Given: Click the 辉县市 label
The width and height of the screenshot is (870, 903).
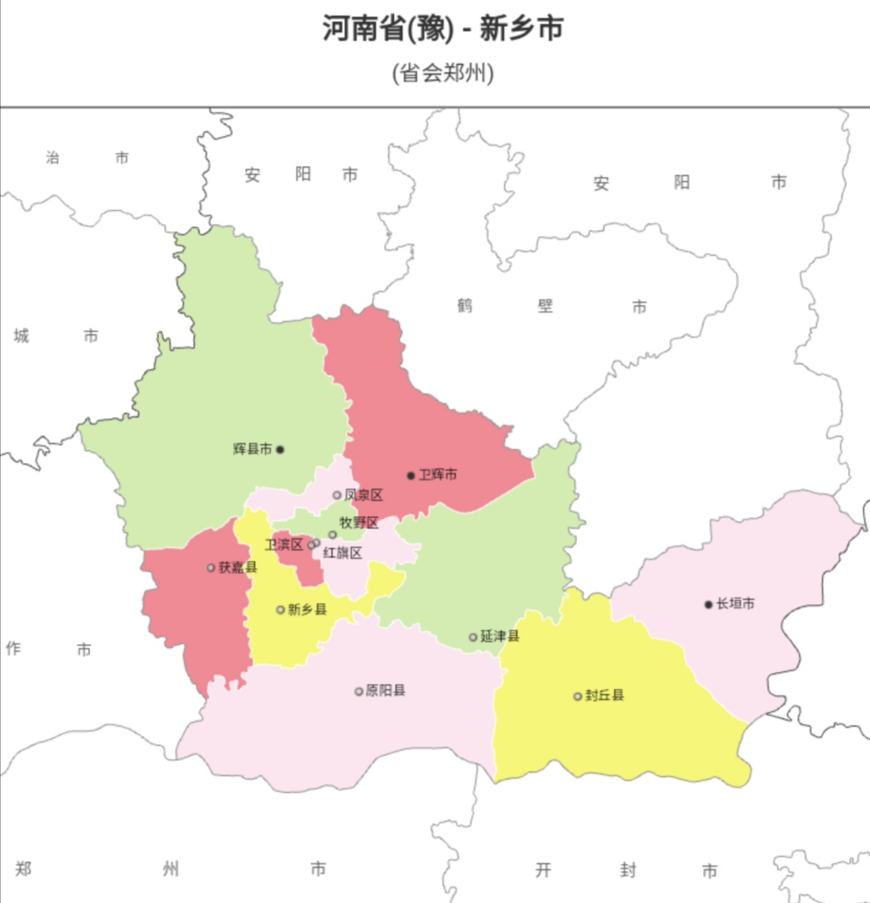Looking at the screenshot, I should coord(252,449).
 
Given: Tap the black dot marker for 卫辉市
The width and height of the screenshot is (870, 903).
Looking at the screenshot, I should coord(411,476).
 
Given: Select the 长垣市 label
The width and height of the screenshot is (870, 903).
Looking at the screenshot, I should coord(735,604).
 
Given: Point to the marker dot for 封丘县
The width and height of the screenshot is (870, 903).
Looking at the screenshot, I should coord(578,696).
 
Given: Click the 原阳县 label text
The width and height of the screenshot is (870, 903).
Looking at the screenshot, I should coord(385,691).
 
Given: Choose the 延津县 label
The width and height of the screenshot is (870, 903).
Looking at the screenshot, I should coord(499,637).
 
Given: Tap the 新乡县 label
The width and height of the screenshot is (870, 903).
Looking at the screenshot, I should coord(307,610).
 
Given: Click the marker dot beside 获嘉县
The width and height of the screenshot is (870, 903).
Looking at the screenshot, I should coord(211,567).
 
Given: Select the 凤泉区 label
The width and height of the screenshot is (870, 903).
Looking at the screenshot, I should coord(363,495).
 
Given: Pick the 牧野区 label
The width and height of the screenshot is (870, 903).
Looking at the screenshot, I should coord(358,522).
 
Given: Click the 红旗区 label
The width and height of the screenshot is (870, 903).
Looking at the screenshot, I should coord(342,553).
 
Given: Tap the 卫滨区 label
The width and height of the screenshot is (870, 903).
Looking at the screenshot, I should coord(284,545).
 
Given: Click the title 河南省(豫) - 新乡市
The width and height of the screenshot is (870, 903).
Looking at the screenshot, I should coord(442,28).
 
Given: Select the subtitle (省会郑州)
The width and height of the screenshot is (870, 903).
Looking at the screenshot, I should coord(442,73).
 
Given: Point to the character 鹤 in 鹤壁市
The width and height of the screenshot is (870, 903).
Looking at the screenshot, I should coord(465,306).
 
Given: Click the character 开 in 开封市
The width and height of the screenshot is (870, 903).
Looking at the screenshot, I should coord(544,870).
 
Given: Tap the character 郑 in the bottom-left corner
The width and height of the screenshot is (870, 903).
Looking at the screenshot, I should coord(23,868).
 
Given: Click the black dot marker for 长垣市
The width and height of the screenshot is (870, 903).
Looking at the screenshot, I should coord(709,604).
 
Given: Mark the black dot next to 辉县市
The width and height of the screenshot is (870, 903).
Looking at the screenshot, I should coord(280,450).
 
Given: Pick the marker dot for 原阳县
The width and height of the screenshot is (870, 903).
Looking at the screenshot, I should coord(358,691).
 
